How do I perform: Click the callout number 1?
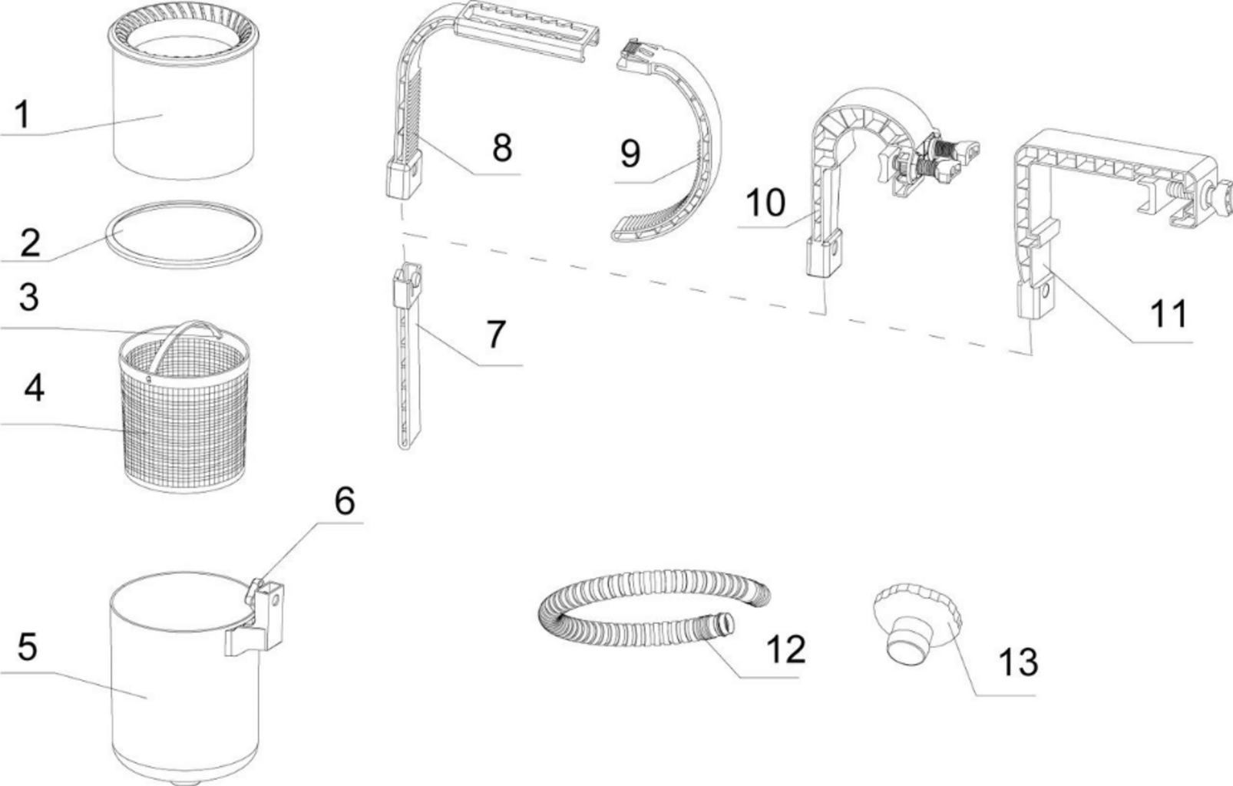pyautogui.click(x=23, y=114)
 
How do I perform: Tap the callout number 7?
pyautogui.click(x=496, y=334)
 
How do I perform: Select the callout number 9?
pyautogui.click(x=630, y=153)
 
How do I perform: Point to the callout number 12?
pyautogui.click(x=786, y=649)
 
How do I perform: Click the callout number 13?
pyautogui.click(x=1018, y=662)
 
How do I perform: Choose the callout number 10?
pyautogui.click(x=765, y=203)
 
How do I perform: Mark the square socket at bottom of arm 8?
pyautogui.click(x=402, y=178)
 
